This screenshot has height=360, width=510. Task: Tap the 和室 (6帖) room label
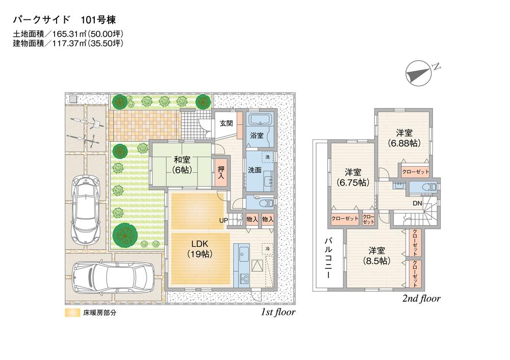point(181,164)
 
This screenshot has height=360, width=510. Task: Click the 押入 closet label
point(221,171)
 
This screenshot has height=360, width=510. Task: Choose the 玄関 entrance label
point(226,123)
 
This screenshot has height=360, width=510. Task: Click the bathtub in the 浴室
point(260,121)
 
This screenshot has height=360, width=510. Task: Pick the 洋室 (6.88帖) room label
point(403,138)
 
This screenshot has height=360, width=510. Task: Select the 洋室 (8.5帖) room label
point(376,255)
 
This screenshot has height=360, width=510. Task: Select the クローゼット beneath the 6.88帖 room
point(415,171)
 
